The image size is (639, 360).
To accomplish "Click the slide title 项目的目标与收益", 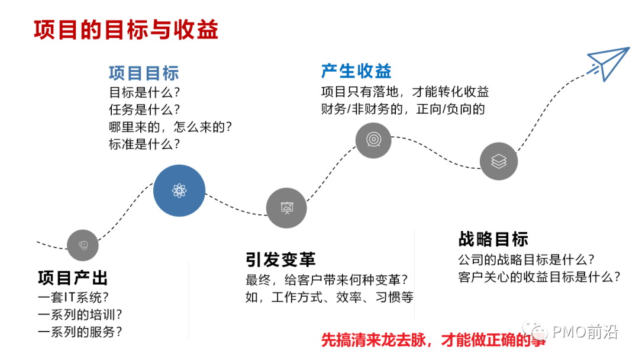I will point(125,30).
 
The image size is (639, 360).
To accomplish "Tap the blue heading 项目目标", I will point(143,73).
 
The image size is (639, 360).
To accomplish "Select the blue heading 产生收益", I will point(356,71).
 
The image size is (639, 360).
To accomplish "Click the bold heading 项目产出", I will point(73,278).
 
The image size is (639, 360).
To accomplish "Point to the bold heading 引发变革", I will point(280,259).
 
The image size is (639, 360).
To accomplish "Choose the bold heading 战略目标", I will point(493,239).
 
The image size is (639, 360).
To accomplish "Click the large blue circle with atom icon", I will point(179,191).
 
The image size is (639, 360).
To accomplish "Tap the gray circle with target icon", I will point(373,140).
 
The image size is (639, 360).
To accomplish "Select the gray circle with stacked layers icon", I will point(499,160).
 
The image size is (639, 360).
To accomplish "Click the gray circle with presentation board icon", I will point(286,208).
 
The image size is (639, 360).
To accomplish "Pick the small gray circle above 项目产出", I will point(82,245).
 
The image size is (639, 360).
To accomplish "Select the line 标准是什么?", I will point(144,144).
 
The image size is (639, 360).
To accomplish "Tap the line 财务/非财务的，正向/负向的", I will point(403,109).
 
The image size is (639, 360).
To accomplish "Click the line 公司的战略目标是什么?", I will point(526,259).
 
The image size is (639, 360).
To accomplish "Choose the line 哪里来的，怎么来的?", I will point(170,127).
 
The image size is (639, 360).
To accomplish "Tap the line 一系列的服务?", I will point(80,332).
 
